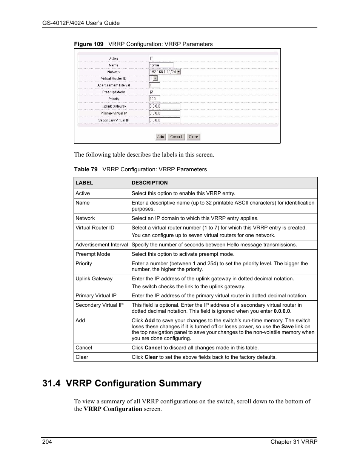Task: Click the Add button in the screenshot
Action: coord(161,137)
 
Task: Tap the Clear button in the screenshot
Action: coord(193,137)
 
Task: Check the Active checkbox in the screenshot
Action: coord(151,58)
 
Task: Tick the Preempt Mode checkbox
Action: coord(151,92)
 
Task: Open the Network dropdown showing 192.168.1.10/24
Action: coord(165,72)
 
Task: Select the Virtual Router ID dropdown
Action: coord(153,78)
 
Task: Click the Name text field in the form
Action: coord(161,65)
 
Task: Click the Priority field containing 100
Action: coord(154,99)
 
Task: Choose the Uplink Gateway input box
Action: coord(164,106)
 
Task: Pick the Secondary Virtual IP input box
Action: coord(164,120)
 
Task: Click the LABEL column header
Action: coord(84,183)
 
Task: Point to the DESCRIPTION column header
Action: coord(149,183)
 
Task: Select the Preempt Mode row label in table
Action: coord(93,254)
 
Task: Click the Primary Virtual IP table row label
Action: coord(96,296)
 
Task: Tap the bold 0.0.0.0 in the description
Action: coord(282,311)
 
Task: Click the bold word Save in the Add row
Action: coord(287,326)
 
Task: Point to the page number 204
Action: coord(47,442)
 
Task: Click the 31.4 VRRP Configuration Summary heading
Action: coord(122,383)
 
